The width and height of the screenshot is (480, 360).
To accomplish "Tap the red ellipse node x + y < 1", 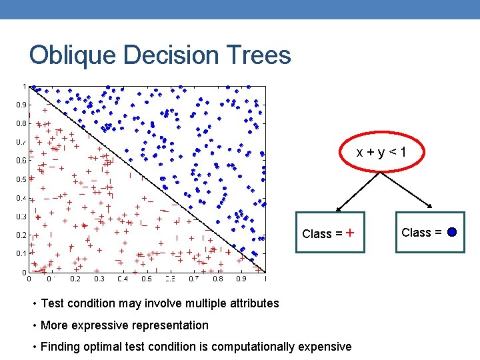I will pos(381,153).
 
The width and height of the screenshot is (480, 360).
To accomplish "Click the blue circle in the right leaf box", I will pos(451,233).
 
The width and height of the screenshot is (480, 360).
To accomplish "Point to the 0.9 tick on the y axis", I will pos(22,105).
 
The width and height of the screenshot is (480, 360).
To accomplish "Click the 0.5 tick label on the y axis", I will pos(22,179).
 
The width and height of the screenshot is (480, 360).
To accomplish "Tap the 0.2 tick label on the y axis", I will pos(22,235).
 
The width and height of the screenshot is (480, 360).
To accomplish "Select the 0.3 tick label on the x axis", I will pos(99,280).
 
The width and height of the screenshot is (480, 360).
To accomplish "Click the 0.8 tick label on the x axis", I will pos(217,280).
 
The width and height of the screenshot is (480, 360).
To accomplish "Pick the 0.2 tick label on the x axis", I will pos(75,280).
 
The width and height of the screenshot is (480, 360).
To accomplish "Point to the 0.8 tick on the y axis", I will pos(22,123).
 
